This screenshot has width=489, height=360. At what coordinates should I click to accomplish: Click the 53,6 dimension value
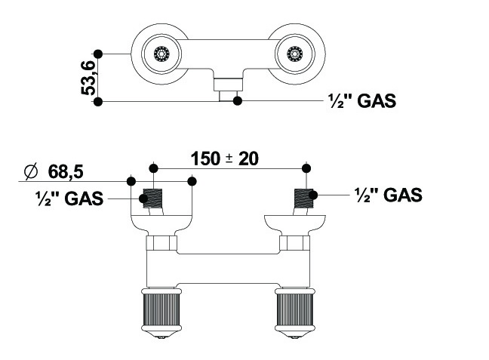pyautogui.click(x=89, y=77)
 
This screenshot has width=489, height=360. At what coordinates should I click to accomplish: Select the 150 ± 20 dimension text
pyautogui.click(x=224, y=158)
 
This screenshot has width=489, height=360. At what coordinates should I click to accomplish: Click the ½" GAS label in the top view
pyautogui.click(x=362, y=100)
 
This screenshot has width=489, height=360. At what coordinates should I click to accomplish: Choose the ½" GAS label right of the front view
pyautogui.click(x=388, y=195)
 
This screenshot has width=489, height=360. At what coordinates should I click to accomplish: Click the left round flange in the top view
pyautogui.click(x=160, y=54)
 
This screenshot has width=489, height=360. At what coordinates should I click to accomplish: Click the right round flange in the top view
pyautogui.click(x=294, y=54)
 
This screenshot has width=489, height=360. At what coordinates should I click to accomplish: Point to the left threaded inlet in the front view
pyautogui.click(x=153, y=199)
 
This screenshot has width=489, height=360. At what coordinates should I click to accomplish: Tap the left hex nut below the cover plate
pyautogui.click(x=161, y=244)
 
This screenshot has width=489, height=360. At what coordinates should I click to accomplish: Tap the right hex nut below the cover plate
pyautogui.click(x=294, y=244)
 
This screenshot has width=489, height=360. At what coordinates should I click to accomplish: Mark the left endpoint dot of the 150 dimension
pyautogui.click(x=153, y=167)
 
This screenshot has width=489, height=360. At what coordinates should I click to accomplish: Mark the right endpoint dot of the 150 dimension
pyautogui.click(x=306, y=167)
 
